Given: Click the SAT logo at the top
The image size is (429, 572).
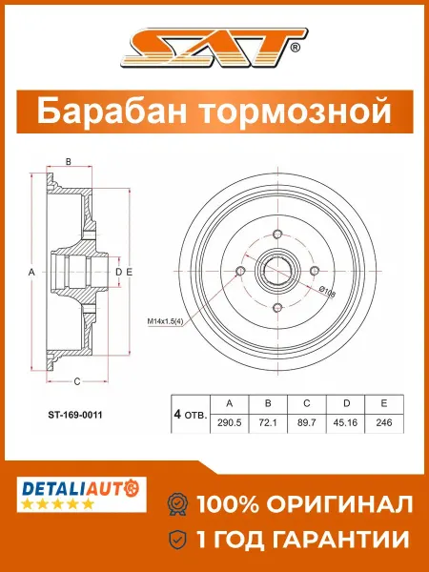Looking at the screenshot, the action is [214, 48].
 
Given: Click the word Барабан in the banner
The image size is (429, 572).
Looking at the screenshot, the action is [114, 111].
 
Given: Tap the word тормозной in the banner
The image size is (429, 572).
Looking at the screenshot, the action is [296, 112].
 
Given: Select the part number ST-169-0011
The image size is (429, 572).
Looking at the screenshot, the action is [75, 415].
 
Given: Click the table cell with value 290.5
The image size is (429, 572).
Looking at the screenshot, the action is [230, 423].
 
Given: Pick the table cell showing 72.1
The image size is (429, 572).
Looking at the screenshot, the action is [268, 423].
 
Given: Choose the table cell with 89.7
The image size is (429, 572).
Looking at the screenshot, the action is [307, 423].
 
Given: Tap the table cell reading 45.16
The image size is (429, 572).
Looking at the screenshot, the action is [345, 423].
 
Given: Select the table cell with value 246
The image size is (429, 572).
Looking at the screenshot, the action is [384, 423].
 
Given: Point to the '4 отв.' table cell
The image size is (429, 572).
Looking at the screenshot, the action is [191, 414].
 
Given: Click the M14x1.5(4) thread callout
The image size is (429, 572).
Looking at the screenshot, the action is [165, 322].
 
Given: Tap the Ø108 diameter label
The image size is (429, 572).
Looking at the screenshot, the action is [327, 292].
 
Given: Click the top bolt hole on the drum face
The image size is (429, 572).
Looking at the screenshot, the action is [277, 234].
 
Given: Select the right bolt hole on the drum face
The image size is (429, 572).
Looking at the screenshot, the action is [315, 271].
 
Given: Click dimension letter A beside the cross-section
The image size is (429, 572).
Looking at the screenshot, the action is [31, 272].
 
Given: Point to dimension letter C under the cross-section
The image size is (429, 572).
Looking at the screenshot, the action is [77, 381].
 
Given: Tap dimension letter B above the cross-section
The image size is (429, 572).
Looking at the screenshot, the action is [69, 162].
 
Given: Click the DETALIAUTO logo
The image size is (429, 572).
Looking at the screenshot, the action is [81, 494].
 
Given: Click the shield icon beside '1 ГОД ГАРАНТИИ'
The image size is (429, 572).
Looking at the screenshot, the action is [177, 539].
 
